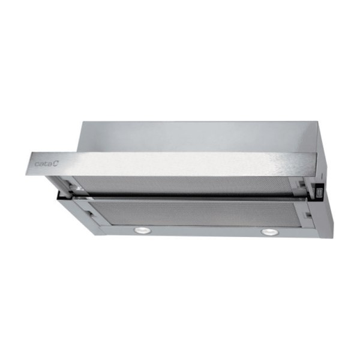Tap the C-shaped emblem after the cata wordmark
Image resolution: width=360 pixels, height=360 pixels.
pyautogui.click(x=56, y=163)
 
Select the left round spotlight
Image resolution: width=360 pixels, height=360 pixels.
pyautogui.click(x=142, y=230)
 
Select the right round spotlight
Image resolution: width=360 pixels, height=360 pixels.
pyautogui.click(x=270, y=232)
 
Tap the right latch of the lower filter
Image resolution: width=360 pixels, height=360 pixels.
pyautogui.click(x=307, y=215)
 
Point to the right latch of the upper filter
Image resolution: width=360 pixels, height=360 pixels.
pyautogui.click(x=302, y=183)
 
